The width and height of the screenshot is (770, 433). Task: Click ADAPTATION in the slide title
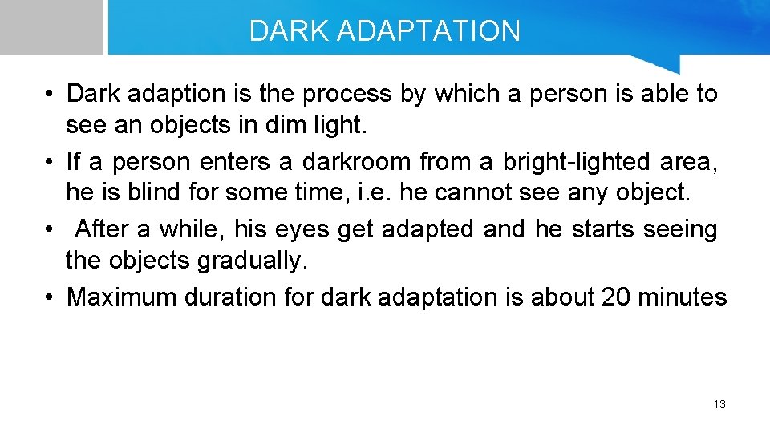point(429,31)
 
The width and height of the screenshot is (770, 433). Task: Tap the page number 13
point(719,404)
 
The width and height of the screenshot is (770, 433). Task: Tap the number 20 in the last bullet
point(615,297)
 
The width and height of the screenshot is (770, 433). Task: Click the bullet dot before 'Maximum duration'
point(50,297)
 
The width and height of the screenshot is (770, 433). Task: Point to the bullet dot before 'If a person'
point(50,163)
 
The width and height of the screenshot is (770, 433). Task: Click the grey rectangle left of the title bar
point(51,26)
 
